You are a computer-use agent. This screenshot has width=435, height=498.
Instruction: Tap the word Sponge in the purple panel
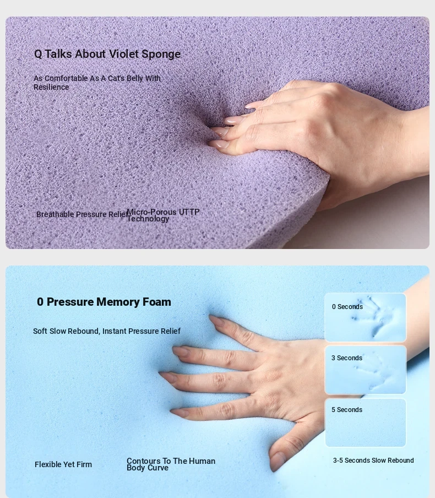click(161, 55)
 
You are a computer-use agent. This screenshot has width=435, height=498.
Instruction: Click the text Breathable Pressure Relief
click(82, 214)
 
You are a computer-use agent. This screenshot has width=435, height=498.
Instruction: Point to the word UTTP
click(189, 212)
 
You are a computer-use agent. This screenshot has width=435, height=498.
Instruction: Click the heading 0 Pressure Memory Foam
click(104, 302)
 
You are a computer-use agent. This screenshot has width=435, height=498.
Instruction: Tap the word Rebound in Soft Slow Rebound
click(84, 331)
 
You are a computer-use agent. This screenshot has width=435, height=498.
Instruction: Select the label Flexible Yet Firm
click(63, 464)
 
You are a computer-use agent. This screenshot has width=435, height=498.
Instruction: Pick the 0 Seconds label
click(347, 307)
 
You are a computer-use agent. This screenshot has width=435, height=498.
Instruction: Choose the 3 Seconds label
click(347, 358)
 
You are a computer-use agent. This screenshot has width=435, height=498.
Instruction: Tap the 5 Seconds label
click(347, 410)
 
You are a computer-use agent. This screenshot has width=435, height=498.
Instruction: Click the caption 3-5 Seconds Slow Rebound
click(373, 460)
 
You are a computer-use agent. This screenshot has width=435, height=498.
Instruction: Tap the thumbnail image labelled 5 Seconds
click(366, 423)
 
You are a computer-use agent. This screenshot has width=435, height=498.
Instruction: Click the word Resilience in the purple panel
click(51, 87)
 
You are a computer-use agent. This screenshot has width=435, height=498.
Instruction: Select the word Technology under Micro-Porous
click(148, 219)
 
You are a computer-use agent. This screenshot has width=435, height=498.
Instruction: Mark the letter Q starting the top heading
click(38, 54)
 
